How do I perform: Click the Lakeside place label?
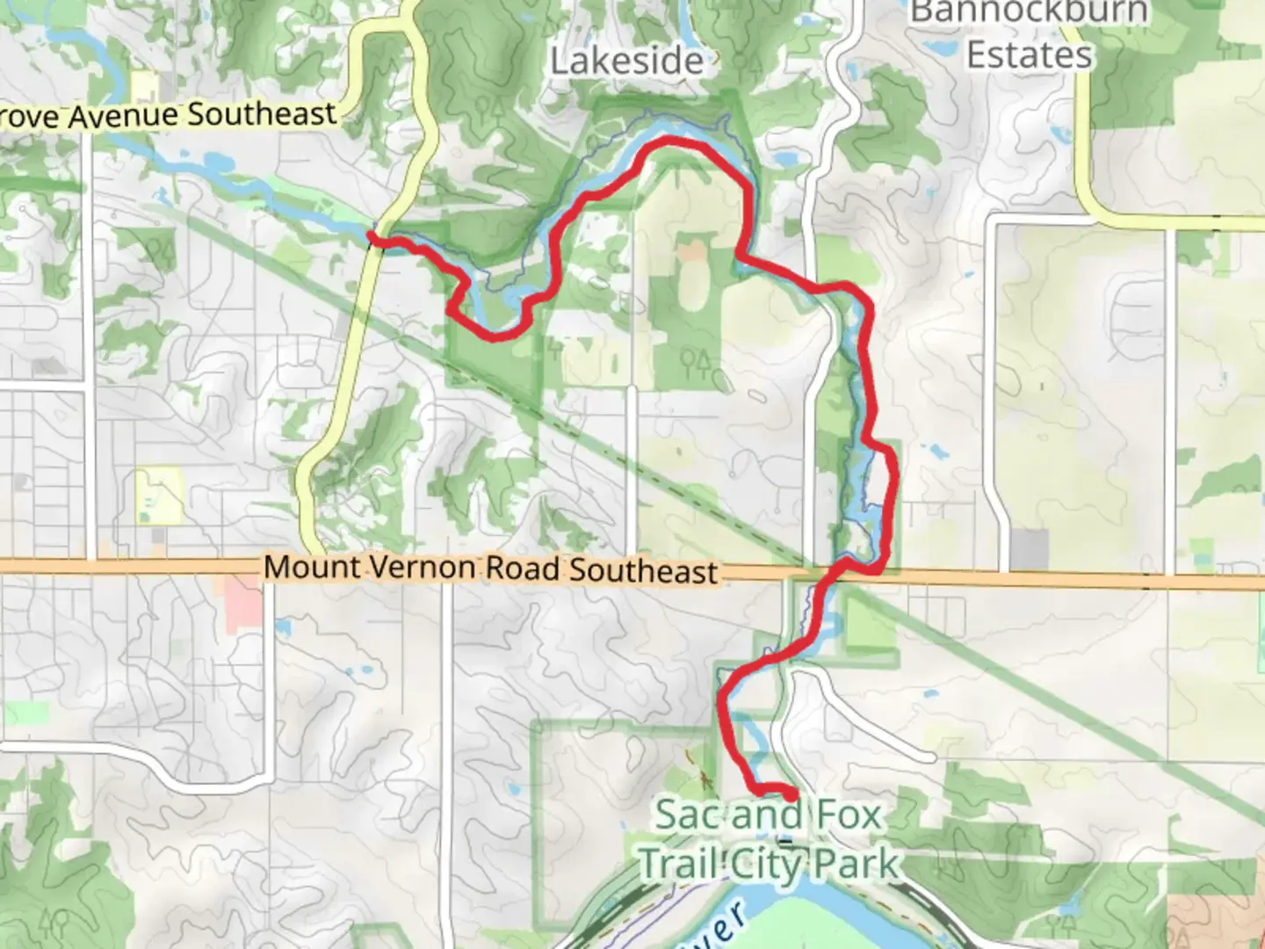(x=626, y=61)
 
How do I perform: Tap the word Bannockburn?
(x=1029, y=12)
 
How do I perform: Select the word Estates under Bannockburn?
(x=1029, y=54)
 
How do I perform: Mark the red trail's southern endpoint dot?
(x=791, y=794)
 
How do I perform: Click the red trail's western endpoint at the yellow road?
(x=372, y=235)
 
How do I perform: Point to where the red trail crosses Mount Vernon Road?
(x=839, y=574)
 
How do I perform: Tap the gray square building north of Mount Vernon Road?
(x=1029, y=549)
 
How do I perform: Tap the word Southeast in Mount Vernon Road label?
(x=644, y=571)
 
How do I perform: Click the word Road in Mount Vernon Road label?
(x=523, y=569)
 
